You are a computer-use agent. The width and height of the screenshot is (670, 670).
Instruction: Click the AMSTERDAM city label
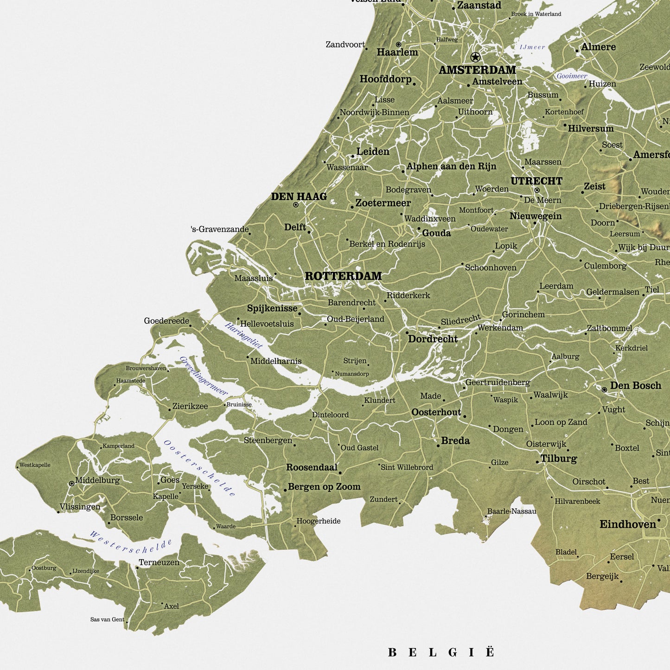click(477, 70)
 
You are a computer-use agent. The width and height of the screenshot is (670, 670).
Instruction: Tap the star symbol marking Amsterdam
click(475, 57)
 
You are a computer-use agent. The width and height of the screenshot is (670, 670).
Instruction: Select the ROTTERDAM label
click(343, 276)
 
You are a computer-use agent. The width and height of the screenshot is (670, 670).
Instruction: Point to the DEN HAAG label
click(299, 197)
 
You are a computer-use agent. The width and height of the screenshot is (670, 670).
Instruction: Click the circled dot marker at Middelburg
click(72, 484)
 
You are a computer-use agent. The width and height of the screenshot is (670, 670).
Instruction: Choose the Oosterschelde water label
click(200, 468)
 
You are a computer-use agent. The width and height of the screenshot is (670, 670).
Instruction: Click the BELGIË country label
click(441, 652)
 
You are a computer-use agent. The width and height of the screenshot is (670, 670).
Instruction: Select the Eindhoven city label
click(628, 524)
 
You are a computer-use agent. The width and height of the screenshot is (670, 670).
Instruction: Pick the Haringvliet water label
click(244, 335)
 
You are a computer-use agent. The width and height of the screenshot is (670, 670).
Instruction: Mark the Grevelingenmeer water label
click(204, 376)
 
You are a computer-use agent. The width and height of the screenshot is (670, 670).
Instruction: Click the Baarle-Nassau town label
click(511, 511)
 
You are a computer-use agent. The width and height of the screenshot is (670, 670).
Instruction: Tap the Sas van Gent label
click(107, 619)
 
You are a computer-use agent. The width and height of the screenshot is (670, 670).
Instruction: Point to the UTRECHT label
click(536, 181)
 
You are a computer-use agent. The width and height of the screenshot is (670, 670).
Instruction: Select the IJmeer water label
click(532, 47)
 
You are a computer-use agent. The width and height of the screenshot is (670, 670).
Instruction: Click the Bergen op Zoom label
click(324, 487)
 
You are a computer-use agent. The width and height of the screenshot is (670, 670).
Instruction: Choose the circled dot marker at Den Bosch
click(604, 390)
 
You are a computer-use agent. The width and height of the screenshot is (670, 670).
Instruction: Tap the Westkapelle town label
click(35, 465)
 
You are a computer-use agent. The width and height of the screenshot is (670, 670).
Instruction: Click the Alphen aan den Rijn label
click(451, 166)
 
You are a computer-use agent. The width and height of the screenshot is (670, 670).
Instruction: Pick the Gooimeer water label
click(572, 76)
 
